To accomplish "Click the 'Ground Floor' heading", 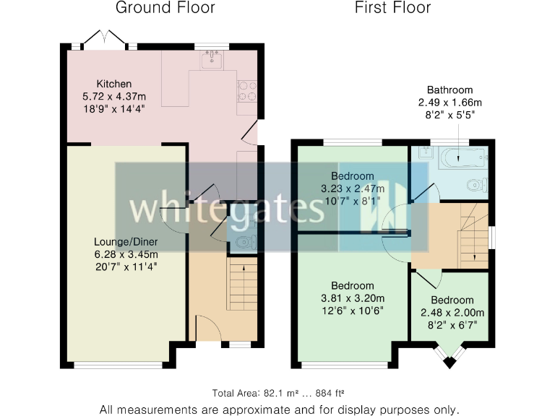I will (165, 9).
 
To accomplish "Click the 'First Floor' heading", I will (392, 9).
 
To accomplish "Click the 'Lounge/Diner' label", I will (126, 241).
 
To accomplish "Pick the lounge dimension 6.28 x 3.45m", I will (126, 253).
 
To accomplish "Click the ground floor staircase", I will (243, 286).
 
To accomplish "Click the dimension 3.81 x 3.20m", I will (353, 298).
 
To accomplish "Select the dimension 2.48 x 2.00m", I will (452, 313).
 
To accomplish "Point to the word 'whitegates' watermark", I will (226, 209).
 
